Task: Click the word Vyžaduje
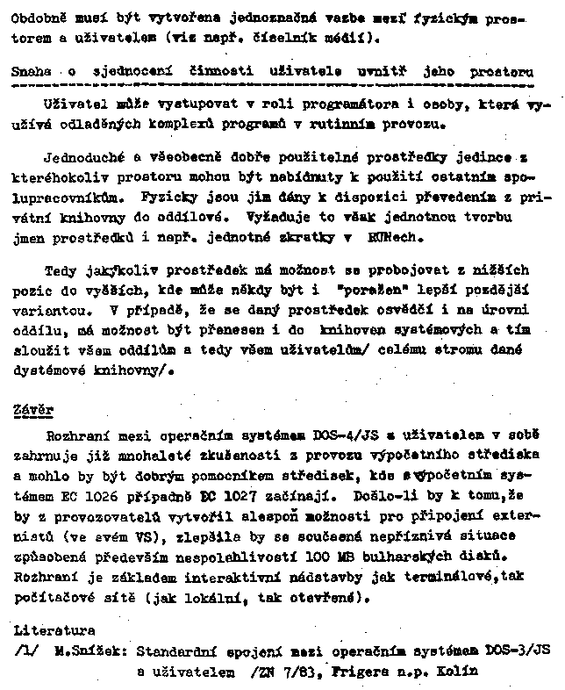[256, 218]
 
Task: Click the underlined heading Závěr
[34, 410]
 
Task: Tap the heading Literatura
[54, 629]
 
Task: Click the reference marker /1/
[27, 651]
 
